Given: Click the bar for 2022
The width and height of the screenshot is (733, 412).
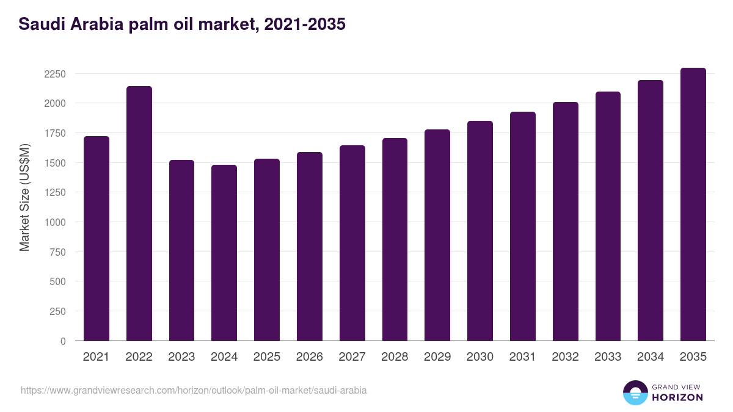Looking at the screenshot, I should pos(139,214).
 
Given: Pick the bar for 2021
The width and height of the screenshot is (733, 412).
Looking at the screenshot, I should pos(97,239).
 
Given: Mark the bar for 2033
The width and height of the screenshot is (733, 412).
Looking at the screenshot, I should pos(608,216).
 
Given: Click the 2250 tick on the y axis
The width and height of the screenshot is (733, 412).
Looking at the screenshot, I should pos(55,74).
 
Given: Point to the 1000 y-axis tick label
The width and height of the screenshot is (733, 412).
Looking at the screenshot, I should pos(55,222).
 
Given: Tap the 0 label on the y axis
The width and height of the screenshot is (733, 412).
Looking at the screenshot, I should pos(63,341).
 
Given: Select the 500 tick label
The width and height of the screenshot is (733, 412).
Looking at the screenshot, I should pos(57,281).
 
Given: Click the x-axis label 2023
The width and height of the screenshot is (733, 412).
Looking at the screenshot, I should pos(182,357).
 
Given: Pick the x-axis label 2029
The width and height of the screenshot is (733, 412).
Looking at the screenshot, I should pos(437,357).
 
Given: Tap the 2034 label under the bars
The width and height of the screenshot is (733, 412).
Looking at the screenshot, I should pos(651,357).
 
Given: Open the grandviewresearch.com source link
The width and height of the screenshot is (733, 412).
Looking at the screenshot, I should pos(194,390).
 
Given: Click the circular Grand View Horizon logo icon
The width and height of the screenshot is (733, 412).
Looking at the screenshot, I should pos(635,392).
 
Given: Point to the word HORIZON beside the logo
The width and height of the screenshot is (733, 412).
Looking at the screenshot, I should pos(677,397).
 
